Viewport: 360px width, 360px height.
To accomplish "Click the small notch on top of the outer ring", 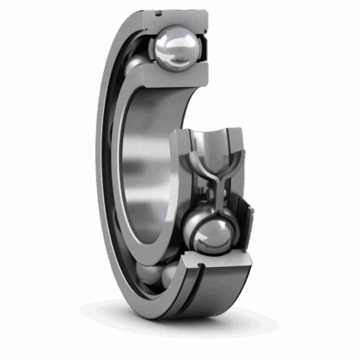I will pos(157,13).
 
